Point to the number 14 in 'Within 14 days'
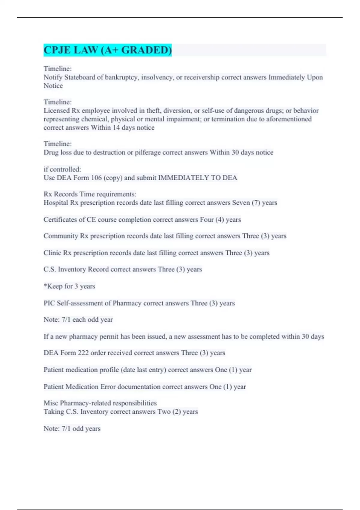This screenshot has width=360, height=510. [x=116, y=127]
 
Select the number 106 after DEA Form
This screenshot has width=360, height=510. [x=96, y=178]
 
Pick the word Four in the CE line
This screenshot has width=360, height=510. [x=207, y=220]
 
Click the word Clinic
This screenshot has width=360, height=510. [x=52, y=253]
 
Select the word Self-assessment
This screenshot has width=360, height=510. [x=79, y=303]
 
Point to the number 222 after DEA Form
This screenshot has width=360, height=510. [x=83, y=353]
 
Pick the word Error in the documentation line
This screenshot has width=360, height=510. [x=108, y=387]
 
